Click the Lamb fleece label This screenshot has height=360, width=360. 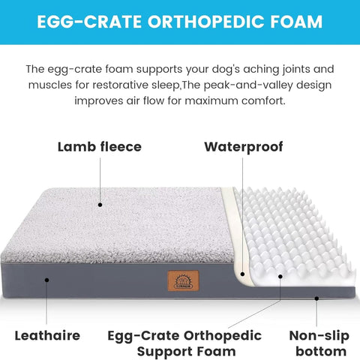(x=99, y=147)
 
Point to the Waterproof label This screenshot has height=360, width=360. (x=244, y=147)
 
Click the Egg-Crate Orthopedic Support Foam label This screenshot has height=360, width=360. (x=184, y=343)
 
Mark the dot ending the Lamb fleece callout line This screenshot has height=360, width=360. (x=100, y=204)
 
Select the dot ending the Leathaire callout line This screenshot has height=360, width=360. (x=46, y=279)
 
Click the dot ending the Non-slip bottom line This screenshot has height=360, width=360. (x=316, y=298)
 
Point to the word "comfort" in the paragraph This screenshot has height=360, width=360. (x=262, y=100)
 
